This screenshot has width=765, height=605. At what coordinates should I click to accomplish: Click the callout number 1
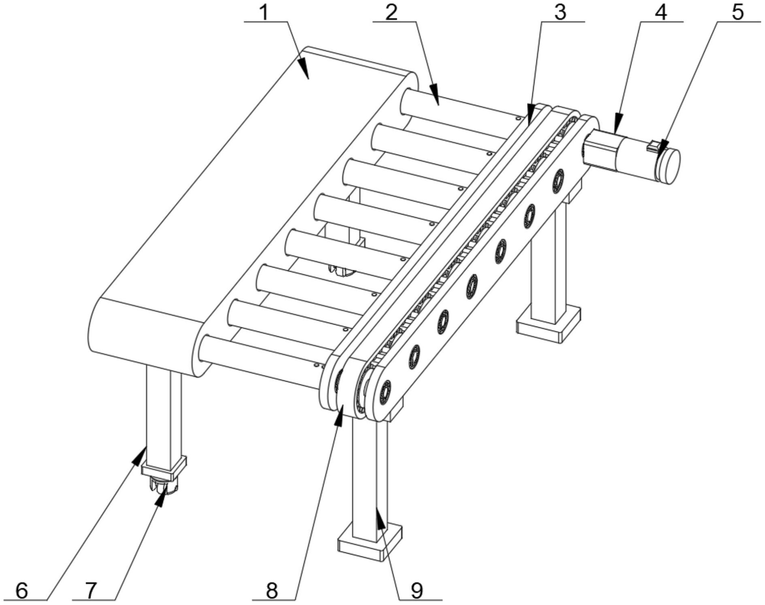pos(264,12)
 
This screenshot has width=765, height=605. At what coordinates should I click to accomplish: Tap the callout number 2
pos(391,12)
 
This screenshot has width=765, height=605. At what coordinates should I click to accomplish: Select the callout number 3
pos(560,12)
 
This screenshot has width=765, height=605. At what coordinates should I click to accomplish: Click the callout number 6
pos(21,591)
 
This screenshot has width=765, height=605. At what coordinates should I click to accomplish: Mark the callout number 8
pos(272,591)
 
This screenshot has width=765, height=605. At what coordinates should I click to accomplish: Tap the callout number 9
pos(416,591)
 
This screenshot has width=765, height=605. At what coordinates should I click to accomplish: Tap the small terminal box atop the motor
pos(654,146)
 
